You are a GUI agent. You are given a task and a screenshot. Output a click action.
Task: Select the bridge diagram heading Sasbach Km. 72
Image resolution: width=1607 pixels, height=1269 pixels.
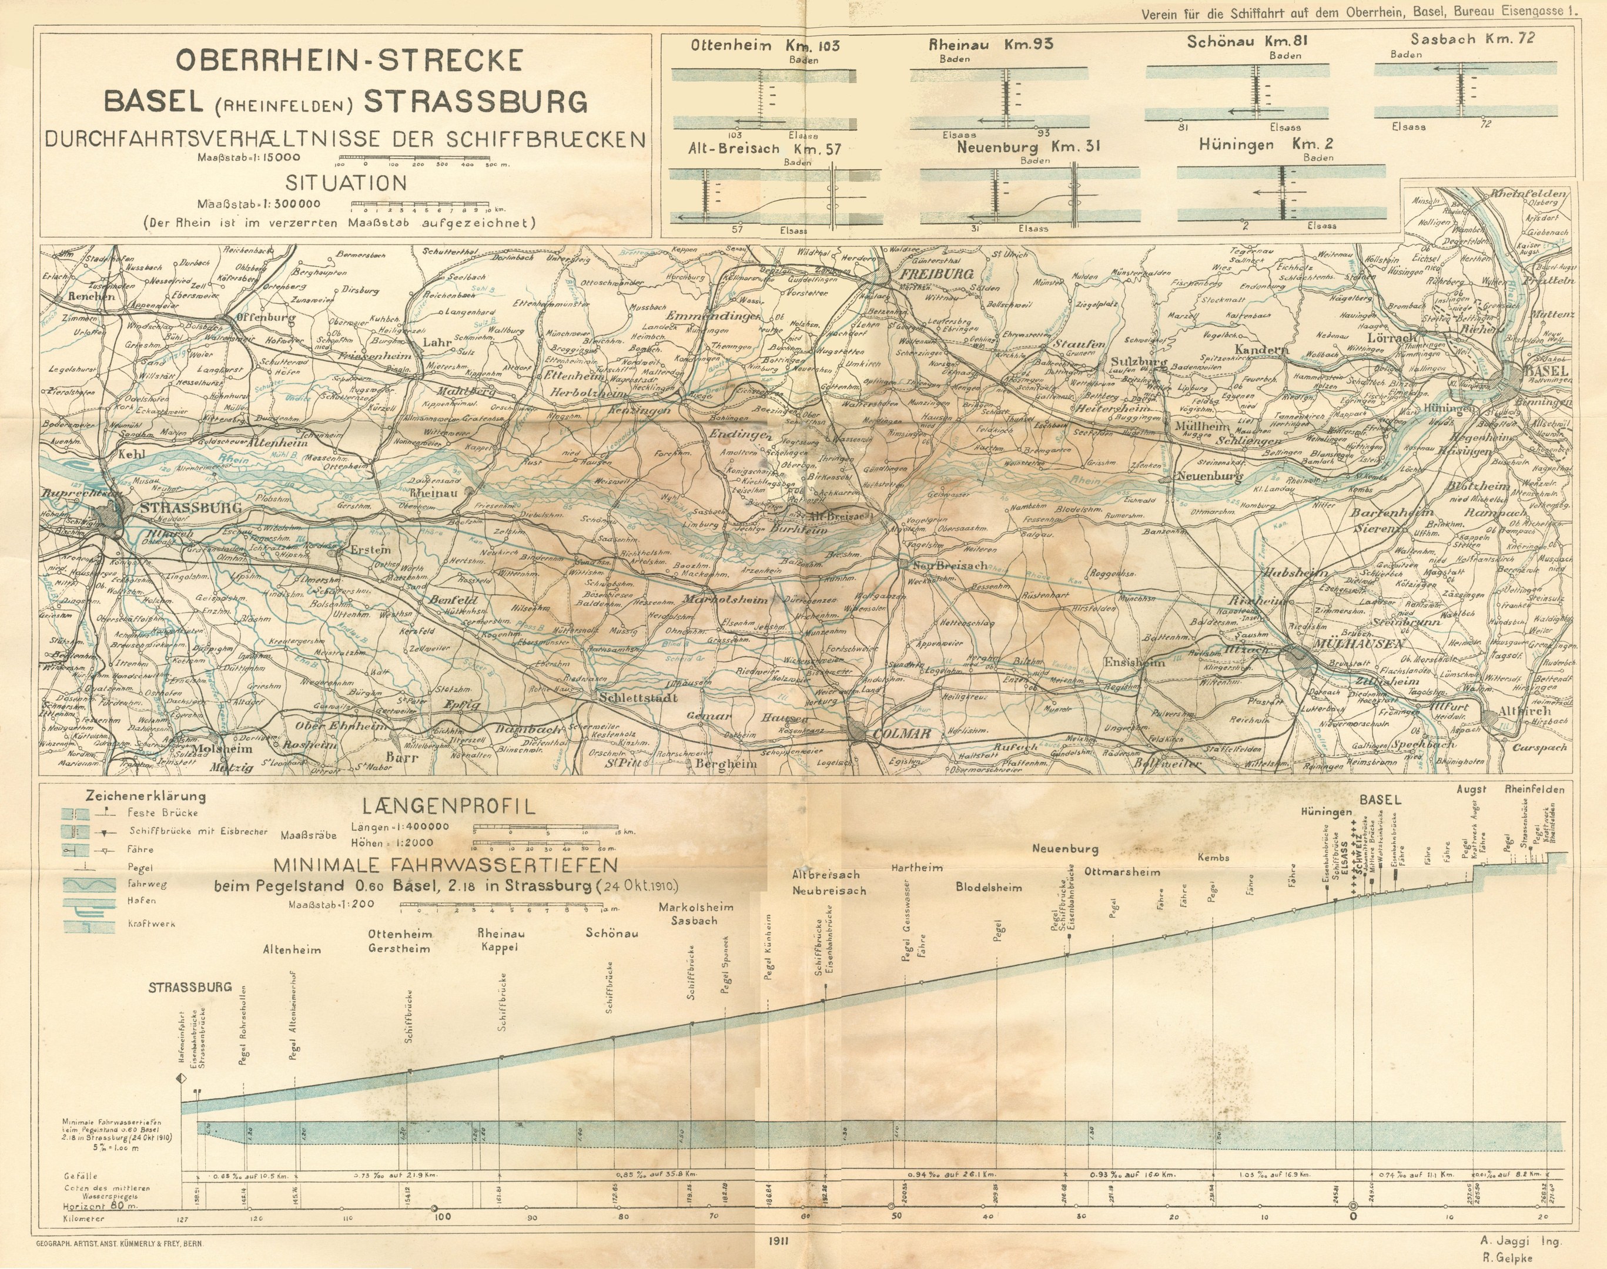(1472, 39)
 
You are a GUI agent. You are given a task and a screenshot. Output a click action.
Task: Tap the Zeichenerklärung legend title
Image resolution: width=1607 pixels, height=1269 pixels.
(146, 795)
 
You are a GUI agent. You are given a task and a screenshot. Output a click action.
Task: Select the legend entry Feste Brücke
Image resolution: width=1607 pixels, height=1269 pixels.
(152, 813)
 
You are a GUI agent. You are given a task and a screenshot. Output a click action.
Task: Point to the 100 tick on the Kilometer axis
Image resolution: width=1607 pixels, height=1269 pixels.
(441, 1217)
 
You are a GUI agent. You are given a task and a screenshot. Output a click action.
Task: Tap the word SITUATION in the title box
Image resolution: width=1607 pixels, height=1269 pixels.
(346, 183)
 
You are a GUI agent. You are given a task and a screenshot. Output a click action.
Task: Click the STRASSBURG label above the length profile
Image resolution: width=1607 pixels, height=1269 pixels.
(189, 988)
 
